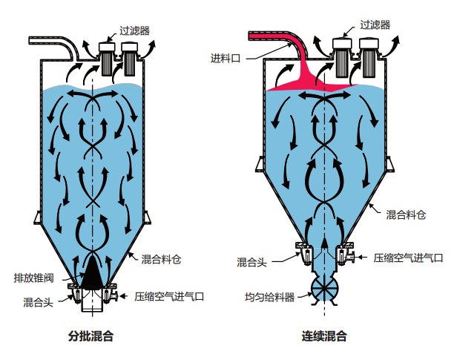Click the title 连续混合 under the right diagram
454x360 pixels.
coord(325,336)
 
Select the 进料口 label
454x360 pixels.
coord(226,58)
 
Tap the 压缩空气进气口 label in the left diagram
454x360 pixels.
coord(169,295)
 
